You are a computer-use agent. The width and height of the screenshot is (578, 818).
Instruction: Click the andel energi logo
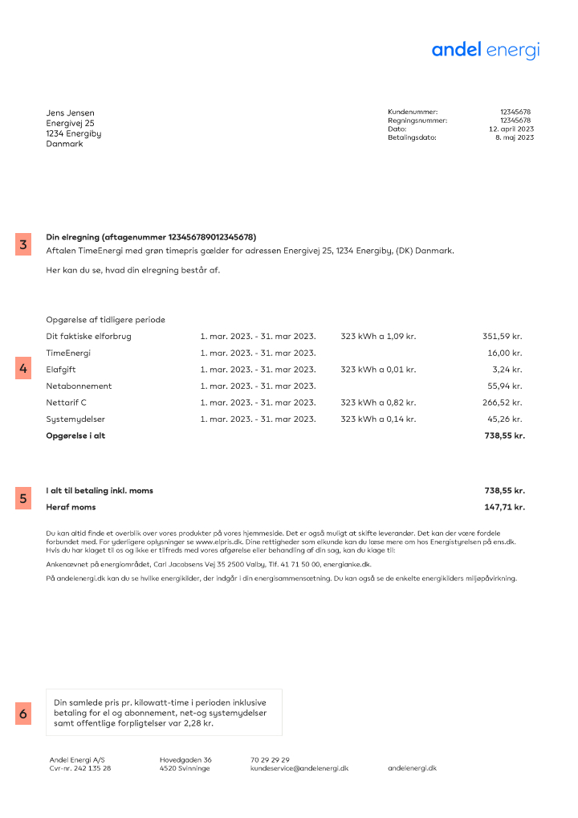tap(485, 50)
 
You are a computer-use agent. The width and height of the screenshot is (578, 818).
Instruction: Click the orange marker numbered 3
tap(23, 245)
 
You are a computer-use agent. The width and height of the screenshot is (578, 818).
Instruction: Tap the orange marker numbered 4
tap(23, 369)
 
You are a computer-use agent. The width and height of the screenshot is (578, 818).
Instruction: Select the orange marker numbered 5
tap(23, 498)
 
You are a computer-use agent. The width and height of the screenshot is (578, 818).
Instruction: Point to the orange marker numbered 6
tap(23, 713)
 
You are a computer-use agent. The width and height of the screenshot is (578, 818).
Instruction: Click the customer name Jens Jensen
tap(70, 113)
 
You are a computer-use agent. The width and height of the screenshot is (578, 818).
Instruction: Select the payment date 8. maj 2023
tap(514, 137)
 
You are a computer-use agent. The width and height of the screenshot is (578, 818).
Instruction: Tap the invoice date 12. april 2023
tap(511, 129)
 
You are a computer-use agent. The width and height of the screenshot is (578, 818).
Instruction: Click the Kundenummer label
tap(413, 112)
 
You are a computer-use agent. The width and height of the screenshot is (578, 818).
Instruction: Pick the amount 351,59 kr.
tap(503, 336)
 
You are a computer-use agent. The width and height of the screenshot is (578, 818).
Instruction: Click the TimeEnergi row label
tap(68, 353)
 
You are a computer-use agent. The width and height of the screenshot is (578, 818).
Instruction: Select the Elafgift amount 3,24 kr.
tap(507, 370)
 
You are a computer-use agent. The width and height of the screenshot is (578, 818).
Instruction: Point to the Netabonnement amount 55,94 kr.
tap(505, 387)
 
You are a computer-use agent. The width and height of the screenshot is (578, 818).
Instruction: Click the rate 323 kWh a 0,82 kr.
tap(378, 403)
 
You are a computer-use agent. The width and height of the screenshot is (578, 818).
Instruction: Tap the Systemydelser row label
tap(75, 419)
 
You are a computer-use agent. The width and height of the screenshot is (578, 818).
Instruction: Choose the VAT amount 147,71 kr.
tap(504, 507)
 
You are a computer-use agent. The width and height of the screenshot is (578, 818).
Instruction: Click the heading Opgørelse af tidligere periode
tap(105, 320)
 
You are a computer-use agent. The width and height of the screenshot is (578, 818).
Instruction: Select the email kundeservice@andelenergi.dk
tap(299, 768)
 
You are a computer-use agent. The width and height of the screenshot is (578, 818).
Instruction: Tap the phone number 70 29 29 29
tap(270, 759)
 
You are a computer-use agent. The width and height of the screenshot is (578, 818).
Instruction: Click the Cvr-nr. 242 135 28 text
tap(79, 768)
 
